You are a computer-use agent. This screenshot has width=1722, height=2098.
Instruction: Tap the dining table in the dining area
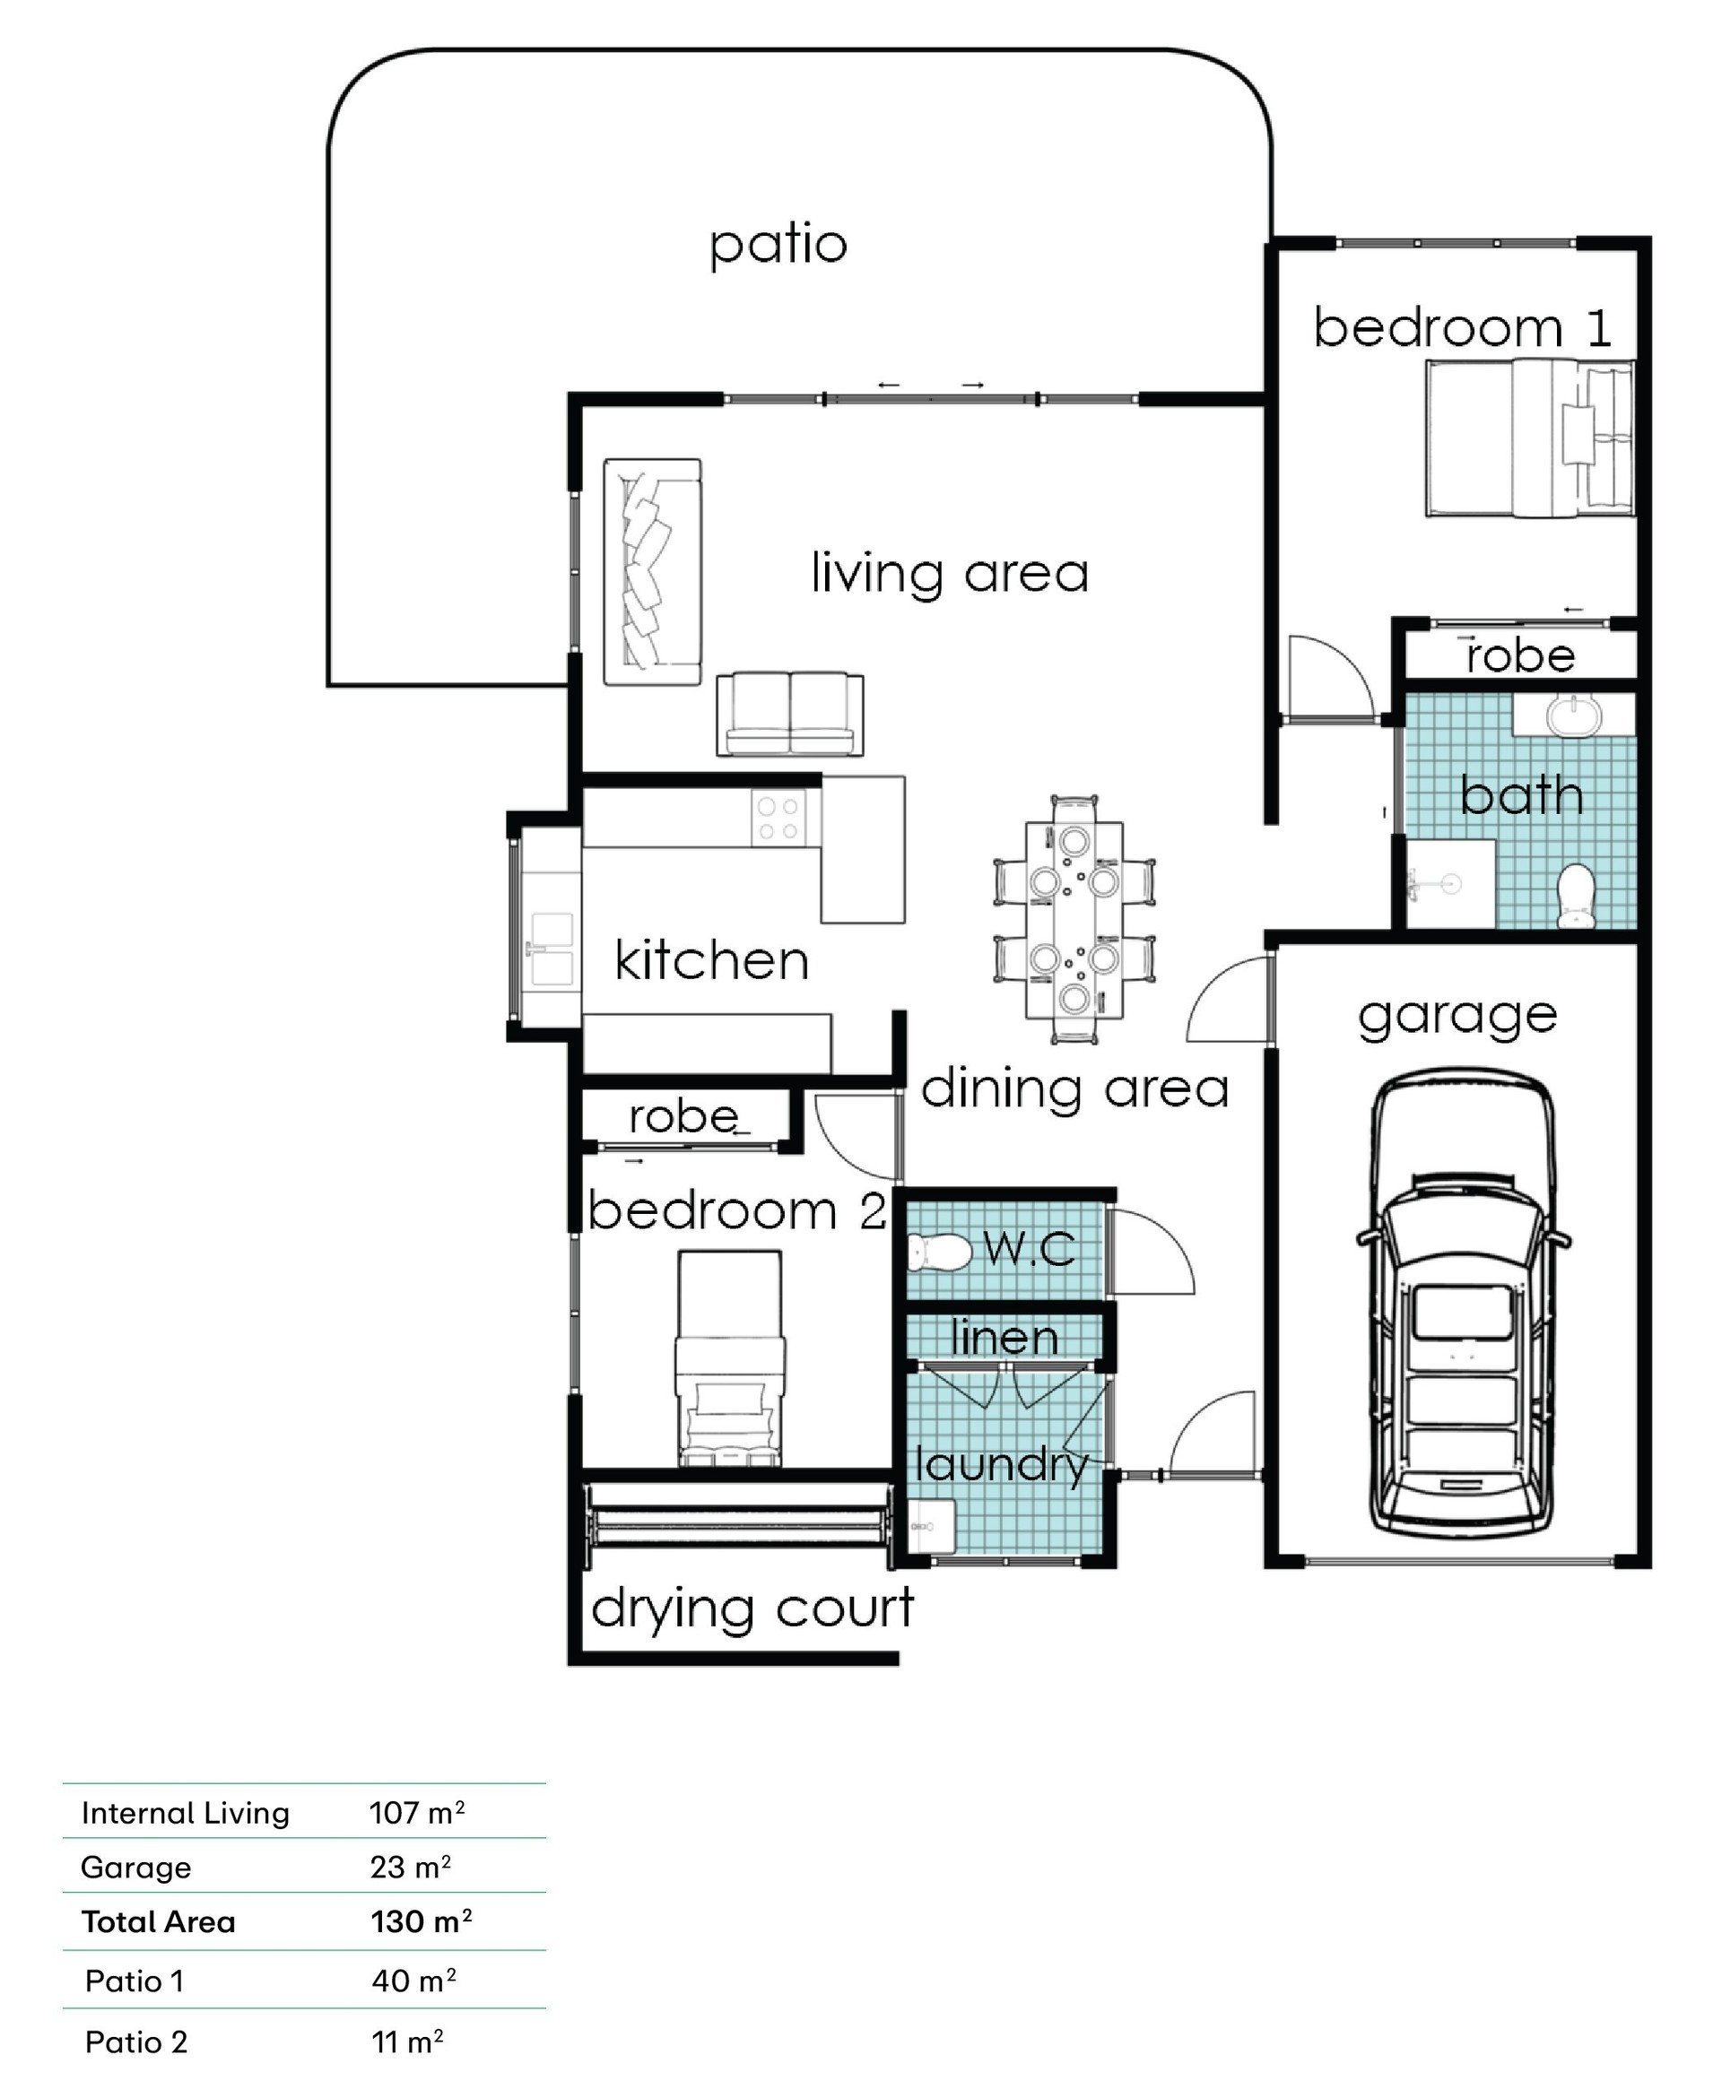[x=1074, y=919]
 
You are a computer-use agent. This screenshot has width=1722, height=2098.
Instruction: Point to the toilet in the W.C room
[x=938, y=1253]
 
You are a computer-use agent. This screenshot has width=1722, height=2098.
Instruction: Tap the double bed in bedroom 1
[x=1529, y=438]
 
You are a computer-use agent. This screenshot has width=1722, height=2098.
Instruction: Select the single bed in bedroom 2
[x=729, y=1358]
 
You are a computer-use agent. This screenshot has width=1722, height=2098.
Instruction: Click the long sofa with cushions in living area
[x=653, y=571]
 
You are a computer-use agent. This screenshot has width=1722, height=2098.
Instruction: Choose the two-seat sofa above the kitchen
[x=789, y=714]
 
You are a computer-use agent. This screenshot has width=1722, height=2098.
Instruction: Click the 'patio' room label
[x=778, y=245]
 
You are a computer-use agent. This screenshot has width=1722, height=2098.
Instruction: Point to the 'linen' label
[x=1004, y=1338]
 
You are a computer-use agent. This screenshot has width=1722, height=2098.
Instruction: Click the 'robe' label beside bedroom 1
[x=1520, y=655]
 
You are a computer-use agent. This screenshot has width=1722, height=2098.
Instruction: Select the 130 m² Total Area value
[x=421, y=1921]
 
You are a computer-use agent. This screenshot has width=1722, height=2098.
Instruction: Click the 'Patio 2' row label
[x=136, y=2042]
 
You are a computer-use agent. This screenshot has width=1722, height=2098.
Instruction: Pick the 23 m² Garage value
[x=411, y=1867]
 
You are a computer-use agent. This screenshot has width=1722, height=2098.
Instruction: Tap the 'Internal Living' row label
[x=186, y=1813]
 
